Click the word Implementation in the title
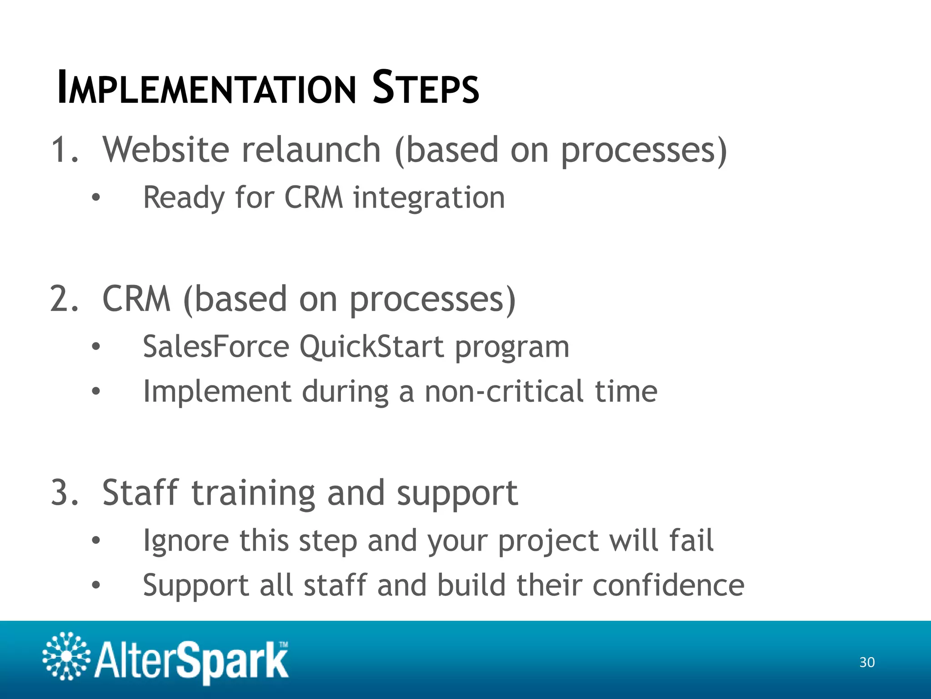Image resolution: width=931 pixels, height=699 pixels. (x=207, y=88)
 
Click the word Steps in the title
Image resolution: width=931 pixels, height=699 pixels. (x=425, y=88)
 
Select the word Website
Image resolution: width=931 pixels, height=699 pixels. (x=166, y=150)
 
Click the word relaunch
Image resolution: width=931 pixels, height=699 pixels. (x=311, y=150)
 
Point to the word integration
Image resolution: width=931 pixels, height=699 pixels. (x=429, y=198)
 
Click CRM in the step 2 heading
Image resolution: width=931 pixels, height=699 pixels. (x=136, y=299)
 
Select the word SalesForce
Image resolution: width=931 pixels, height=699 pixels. (x=216, y=347)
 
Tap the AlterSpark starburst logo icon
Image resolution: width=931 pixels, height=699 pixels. (x=66, y=656)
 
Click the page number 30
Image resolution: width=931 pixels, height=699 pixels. (x=867, y=662)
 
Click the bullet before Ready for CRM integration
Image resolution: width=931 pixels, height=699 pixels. (x=95, y=198)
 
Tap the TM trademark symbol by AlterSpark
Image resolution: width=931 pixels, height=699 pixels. (x=283, y=644)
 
